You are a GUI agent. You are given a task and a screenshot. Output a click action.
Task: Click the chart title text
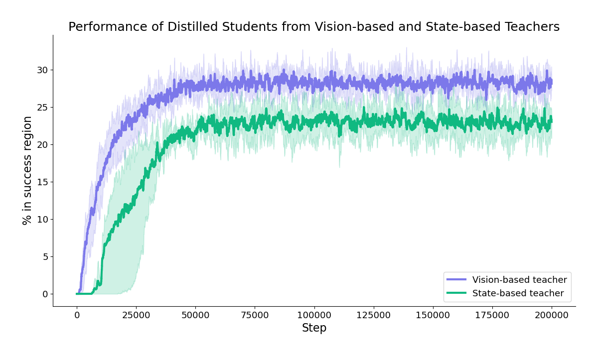[314, 27]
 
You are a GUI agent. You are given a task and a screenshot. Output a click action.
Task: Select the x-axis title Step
[314, 328]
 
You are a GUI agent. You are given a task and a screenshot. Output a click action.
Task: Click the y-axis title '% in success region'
[27, 170]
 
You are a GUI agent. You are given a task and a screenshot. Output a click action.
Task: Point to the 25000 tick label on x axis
[136, 315]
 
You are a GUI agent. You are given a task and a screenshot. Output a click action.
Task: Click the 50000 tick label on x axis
[195, 315]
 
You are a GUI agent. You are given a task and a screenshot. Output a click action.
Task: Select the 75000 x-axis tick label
[255, 315]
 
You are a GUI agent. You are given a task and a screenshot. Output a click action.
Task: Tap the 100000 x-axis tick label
[314, 315]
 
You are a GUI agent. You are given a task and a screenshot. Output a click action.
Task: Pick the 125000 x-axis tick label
[373, 315]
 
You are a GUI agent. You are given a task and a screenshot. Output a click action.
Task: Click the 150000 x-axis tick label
[433, 315]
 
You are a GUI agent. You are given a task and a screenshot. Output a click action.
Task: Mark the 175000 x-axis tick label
[492, 315]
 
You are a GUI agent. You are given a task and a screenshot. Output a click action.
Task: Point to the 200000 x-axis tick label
[551, 315]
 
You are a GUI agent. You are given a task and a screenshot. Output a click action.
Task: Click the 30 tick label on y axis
[42, 70]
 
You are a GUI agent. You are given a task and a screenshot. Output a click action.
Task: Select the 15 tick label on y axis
[42, 182]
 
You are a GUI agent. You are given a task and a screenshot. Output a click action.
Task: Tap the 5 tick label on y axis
[45, 257]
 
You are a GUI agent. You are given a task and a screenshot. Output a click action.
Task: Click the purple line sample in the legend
[456, 280]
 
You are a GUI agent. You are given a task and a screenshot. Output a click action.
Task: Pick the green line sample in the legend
[456, 294]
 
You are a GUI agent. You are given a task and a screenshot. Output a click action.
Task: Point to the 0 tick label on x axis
[77, 315]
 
